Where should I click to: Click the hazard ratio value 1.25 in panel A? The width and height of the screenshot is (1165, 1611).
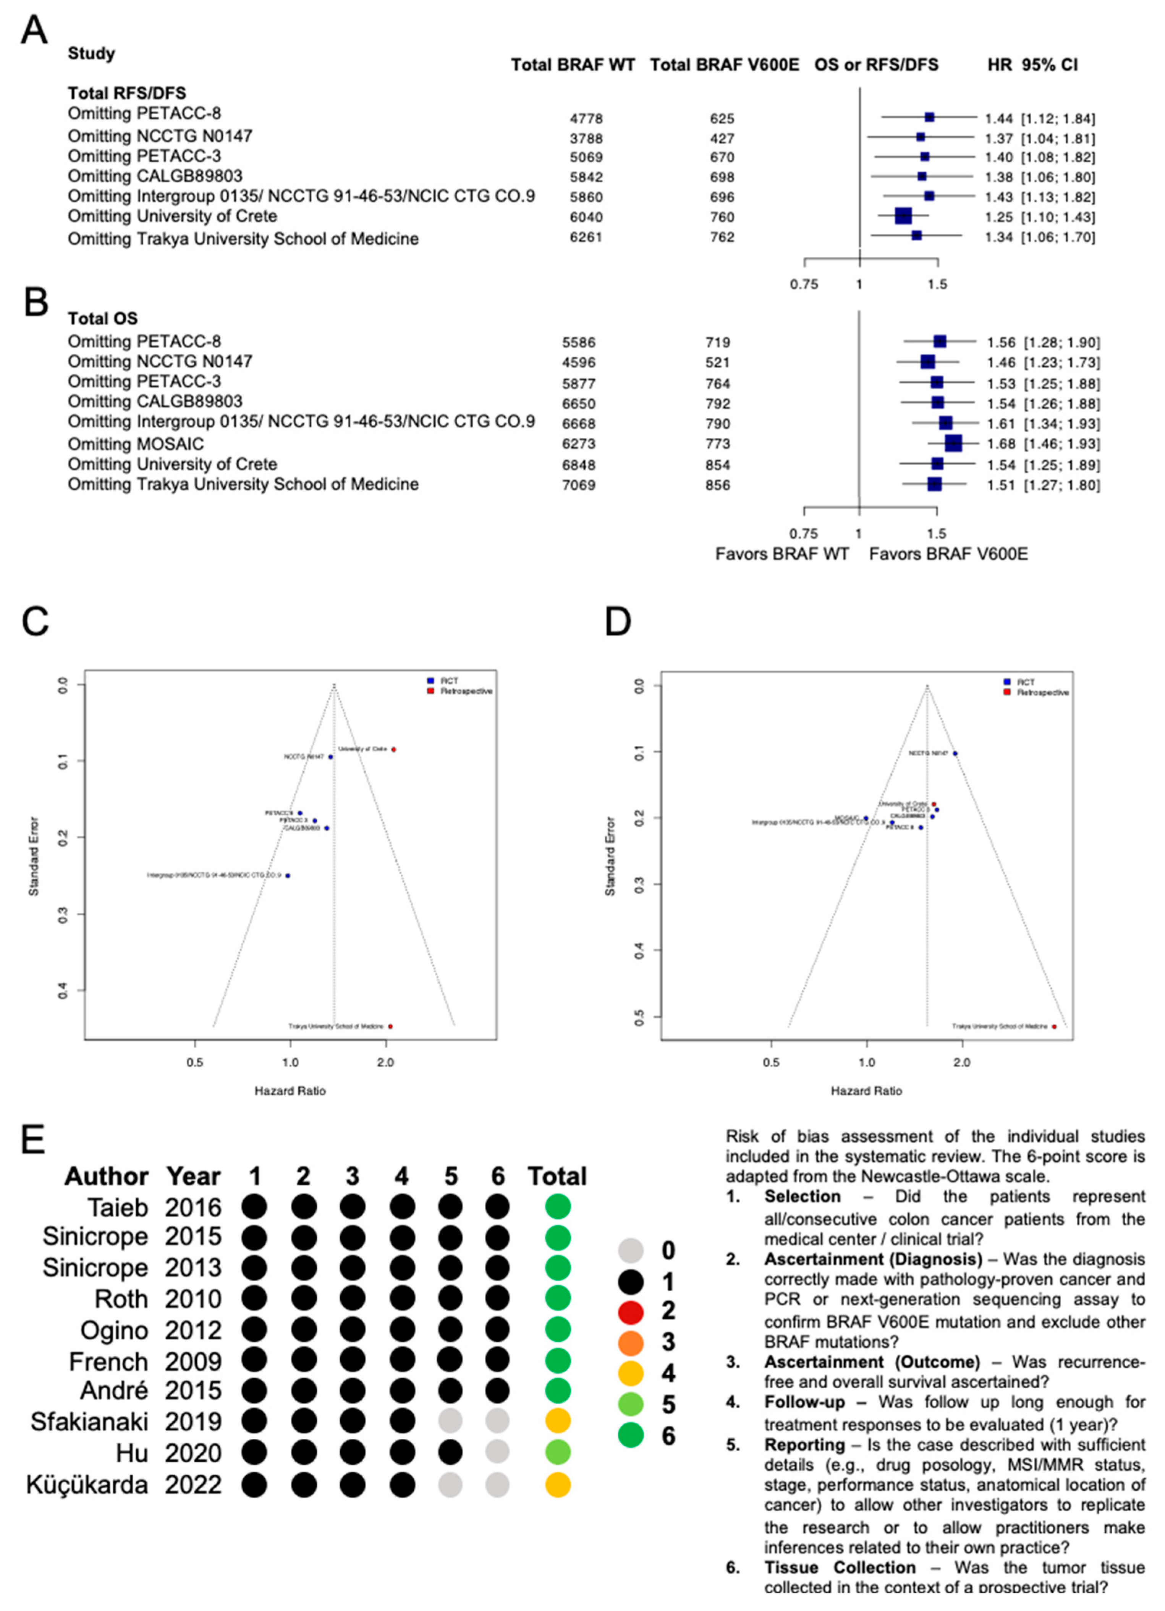998,217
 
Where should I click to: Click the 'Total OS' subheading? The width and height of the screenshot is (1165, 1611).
102,318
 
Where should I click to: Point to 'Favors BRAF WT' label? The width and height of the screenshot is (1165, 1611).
782,554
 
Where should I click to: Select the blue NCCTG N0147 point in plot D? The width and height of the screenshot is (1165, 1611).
955,753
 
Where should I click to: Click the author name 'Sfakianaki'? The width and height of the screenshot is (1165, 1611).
89,1422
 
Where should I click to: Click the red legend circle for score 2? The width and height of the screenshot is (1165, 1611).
630,1313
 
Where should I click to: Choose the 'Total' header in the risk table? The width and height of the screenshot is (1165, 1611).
557,1176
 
